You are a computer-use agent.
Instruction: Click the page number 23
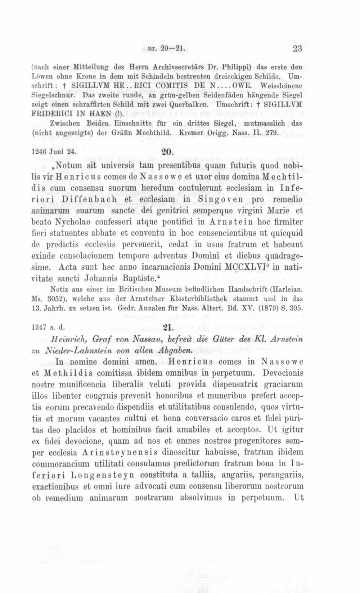point(297,49)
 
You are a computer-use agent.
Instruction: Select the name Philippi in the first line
point(234,67)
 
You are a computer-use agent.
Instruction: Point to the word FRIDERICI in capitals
point(50,114)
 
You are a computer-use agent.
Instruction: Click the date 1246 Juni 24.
point(54,152)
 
